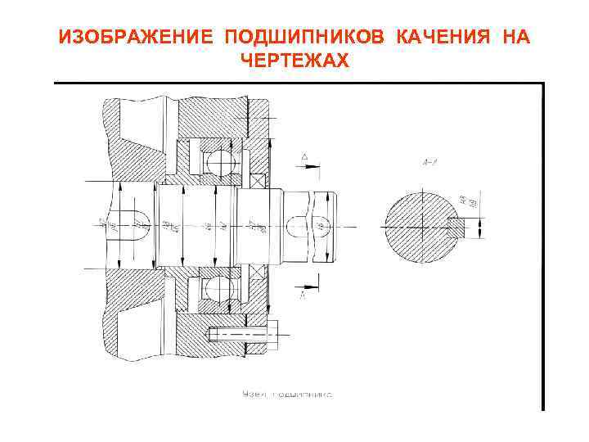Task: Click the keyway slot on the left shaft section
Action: click(x=137, y=223)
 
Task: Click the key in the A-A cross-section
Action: click(x=456, y=223)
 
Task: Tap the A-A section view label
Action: click(x=429, y=165)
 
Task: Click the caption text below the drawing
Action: click(x=287, y=395)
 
